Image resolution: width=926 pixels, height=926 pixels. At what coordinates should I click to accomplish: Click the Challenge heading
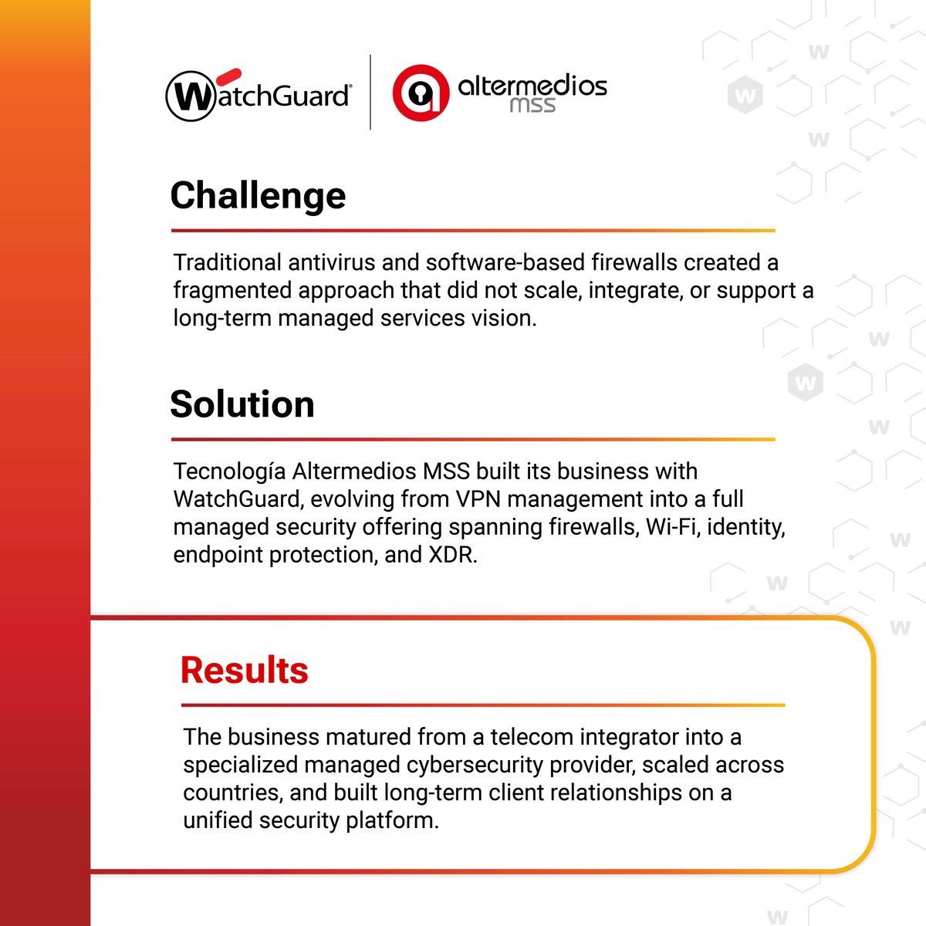[x=258, y=196]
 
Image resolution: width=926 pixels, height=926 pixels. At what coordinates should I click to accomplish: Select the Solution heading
[x=242, y=404]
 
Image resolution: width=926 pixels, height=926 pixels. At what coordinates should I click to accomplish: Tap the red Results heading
[x=244, y=670]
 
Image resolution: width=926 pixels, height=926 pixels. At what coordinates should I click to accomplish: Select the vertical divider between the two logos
[x=370, y=92]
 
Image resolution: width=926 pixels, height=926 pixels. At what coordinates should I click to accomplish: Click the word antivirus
[x=332, y=262]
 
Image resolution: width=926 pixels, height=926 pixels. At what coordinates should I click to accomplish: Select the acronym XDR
[x=452, y=555]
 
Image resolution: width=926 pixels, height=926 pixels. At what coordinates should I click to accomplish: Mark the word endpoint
[x=218, y=555]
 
